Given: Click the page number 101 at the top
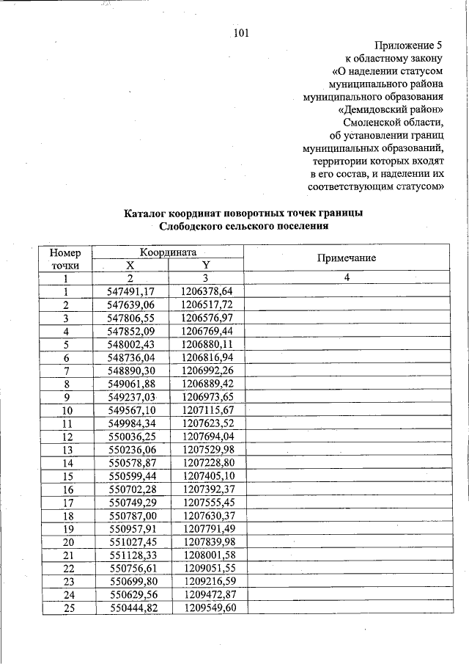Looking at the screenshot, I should click(x=242, y=32).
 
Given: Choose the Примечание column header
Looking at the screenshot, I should click(x=346, y=258).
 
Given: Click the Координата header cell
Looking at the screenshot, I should click(x=169, y=251).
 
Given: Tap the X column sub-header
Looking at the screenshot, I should click(x=130, y=265).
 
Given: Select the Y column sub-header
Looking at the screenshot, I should click(x=206, y=265).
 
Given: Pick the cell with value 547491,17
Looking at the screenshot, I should click(x=130, y=291).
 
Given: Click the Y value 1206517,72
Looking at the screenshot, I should click(x=207, y=304).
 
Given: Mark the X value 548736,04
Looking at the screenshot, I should click(x=130, y=357).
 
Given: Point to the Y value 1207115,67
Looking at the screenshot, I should click(x=207, y=409).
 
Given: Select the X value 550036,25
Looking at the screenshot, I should click(x=130, y=436).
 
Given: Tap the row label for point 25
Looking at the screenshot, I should click(x=66, y=608).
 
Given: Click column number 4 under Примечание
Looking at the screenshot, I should click(x=347, y=278).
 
